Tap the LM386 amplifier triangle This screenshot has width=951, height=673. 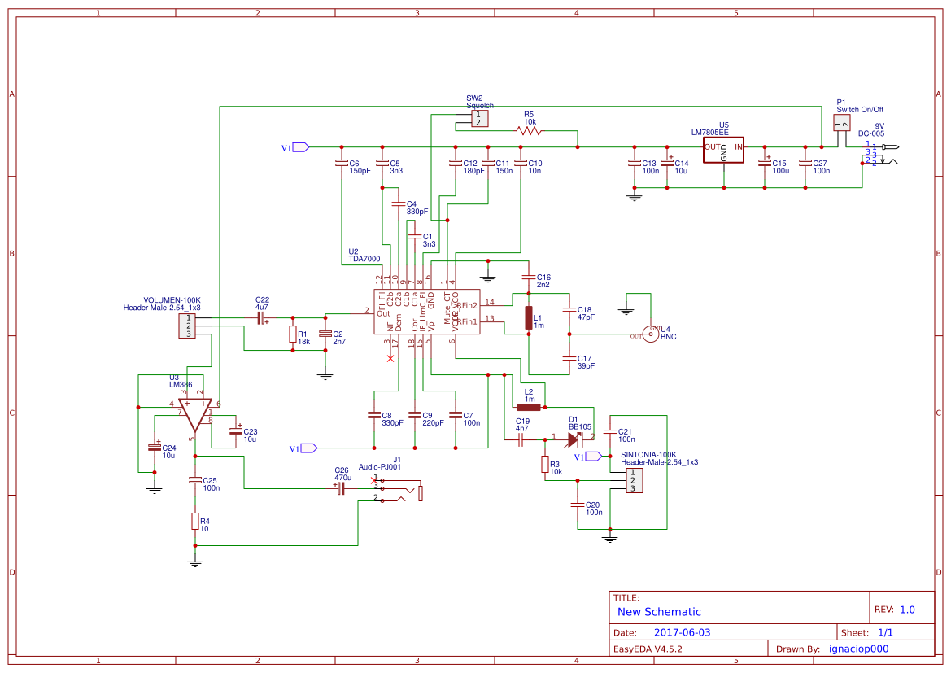[x=195, y=414]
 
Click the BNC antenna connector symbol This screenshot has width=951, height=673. [x=651, y=334]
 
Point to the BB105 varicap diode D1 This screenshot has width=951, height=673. [x=576, y=439]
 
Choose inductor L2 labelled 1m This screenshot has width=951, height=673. [x=529, y=407]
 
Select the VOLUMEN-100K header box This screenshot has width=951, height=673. [x=188, y=326]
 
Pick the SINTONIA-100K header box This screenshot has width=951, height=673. [x=631, y=481]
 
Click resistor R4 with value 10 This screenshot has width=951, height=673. [x=194, y=521]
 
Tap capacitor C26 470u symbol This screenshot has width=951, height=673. [x=341, y=488]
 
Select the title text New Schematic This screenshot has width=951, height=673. [x=659, y=612]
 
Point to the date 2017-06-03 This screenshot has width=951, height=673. [x=682, y=632]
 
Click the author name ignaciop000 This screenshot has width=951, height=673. [x=858, y=649]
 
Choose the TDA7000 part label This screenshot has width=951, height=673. [x=364, y=259]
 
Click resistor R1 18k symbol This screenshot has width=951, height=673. [x=292, y=334]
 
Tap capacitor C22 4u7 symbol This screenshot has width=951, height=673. [x=262, y=319]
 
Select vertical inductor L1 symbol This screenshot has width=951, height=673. [x=528, y=318]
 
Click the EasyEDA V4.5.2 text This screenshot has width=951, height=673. [x=647, y=649]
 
